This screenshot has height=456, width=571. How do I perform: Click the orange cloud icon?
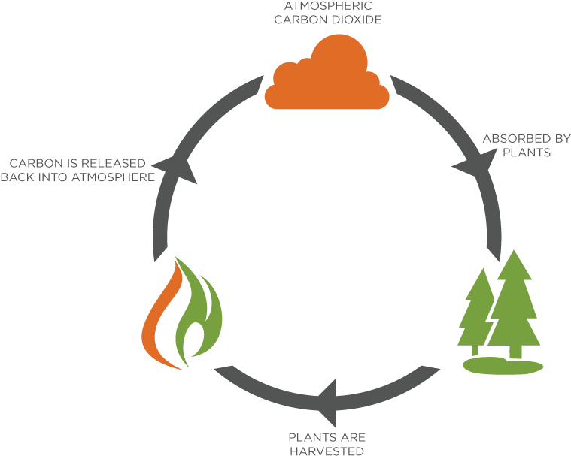click(327, 80)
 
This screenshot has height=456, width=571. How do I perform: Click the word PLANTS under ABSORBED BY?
click(527, 153)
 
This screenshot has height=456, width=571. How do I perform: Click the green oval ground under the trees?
click(502, 366)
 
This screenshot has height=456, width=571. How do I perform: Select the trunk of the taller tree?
click(516, 349)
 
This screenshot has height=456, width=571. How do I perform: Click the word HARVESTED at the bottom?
click(327, 451)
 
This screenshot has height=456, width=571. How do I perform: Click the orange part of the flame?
click(159, 319)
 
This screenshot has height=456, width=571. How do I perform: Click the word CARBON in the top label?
click(299, 20)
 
